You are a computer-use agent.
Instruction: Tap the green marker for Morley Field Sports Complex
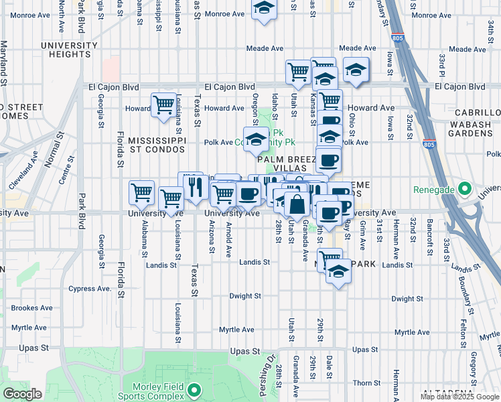(x=194, y=389)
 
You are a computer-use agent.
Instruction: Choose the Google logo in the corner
(x=21, y=395)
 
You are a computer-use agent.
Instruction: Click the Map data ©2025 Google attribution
(x=459, y=397)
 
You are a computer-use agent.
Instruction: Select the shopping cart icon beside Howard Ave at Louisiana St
(x=163, y=105)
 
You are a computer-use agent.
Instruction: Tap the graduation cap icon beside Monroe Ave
(x=265, y=9)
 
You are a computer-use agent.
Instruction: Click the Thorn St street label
(x=367, y=383)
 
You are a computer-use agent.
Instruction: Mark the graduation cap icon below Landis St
(x=339, y=272)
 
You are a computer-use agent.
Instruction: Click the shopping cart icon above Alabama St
(x=142, y=193)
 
